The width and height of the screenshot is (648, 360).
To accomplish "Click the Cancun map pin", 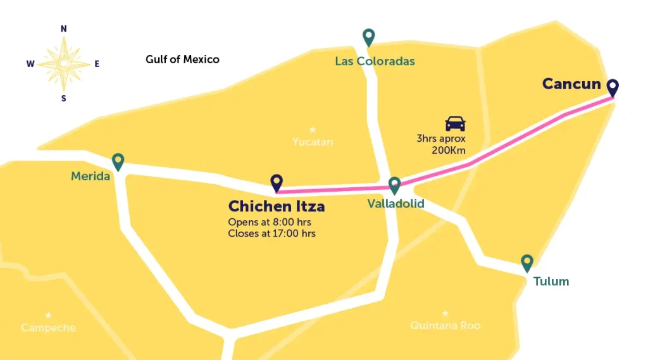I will tap(613, 88).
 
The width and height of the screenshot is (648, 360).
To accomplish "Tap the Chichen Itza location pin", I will tap(276, 183).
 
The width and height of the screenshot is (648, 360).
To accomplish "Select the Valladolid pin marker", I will tap(394, 185).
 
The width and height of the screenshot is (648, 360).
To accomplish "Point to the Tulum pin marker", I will tap(526, 263).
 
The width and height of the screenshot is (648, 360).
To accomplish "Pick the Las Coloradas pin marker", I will tap(369, 37).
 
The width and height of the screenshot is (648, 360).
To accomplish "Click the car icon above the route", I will tap(455, 123).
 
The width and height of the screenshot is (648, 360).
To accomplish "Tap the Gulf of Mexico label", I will tap(182, 59).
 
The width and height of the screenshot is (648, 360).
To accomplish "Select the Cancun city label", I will tap(571, 84).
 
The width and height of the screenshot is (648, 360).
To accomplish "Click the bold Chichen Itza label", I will tap(277, 206).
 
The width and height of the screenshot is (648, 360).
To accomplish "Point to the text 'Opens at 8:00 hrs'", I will tap(270, 222).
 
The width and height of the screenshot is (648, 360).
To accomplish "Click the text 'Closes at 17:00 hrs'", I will tap(271, 233).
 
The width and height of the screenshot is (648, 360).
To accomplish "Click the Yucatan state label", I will tap(313, 142).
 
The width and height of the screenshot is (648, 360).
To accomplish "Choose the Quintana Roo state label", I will tap(445, 325).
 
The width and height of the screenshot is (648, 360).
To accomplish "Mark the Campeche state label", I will tap(48, 328).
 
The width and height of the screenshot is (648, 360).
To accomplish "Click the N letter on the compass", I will tap(63, 29).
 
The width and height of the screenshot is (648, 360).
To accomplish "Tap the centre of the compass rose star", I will tap(63, 63).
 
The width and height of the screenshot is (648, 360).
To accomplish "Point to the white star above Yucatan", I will tap(312, 129).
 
